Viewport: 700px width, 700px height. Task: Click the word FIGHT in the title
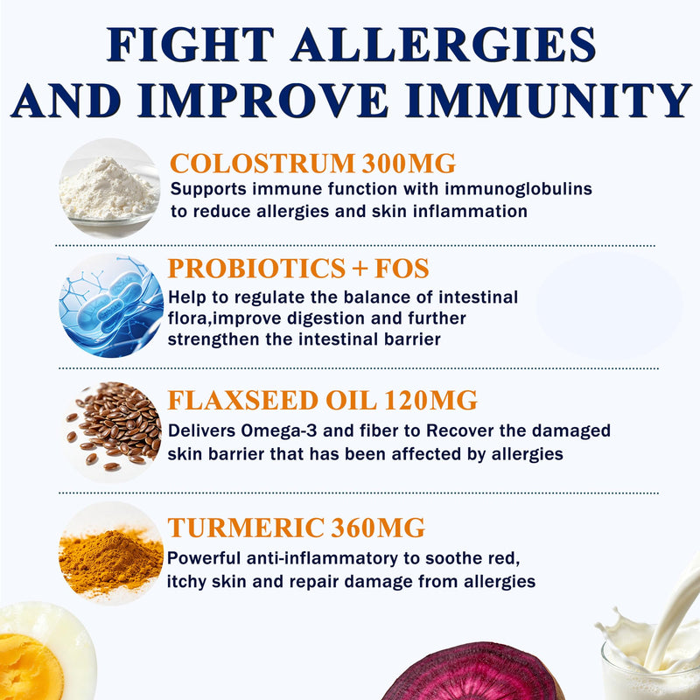191,45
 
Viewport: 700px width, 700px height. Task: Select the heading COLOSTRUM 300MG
312,164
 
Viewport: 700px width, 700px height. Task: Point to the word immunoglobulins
518,189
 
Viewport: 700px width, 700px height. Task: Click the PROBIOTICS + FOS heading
298,269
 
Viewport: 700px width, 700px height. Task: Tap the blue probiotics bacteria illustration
111,306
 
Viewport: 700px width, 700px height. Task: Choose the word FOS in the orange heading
402,269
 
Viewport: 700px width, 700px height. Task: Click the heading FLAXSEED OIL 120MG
322,400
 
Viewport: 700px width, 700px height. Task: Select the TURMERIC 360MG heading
296,528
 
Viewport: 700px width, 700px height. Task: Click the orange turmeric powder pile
111,563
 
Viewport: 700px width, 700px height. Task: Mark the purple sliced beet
471,672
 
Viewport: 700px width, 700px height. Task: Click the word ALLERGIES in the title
443,45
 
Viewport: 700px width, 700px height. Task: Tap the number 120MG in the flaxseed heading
430,400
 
